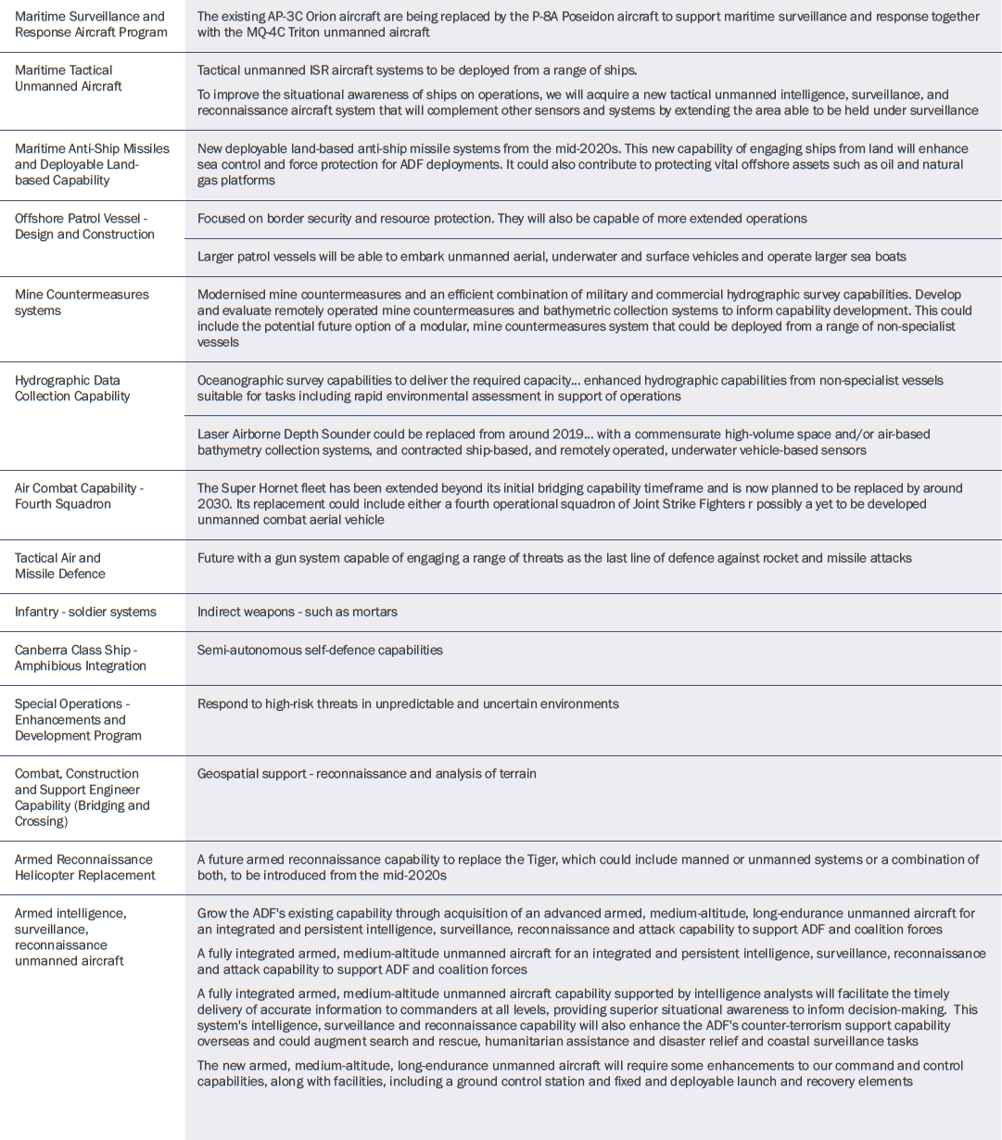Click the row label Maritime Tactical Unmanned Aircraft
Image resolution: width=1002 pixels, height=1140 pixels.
(x=69, y=78)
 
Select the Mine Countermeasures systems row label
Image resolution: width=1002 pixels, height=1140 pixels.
(x=82, y=302)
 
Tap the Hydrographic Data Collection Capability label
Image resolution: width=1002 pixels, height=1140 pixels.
(x=72, y=388)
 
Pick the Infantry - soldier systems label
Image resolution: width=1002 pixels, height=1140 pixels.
(x=85, y=612)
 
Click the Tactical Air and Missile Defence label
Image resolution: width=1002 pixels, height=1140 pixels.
(x=60, y=565)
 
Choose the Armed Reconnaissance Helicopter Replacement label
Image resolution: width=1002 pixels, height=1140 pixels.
(x=85, y=868)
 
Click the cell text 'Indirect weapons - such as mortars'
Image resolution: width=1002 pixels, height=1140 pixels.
(x=297, y=612)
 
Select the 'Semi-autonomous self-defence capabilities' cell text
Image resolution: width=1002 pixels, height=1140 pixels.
(x=320, y=650)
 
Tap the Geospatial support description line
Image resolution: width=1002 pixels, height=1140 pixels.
(x=366, y=773)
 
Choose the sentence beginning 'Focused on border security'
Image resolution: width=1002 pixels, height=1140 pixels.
(x=501, y=219)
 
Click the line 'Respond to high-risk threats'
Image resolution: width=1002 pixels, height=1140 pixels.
(x=408, y=703)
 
